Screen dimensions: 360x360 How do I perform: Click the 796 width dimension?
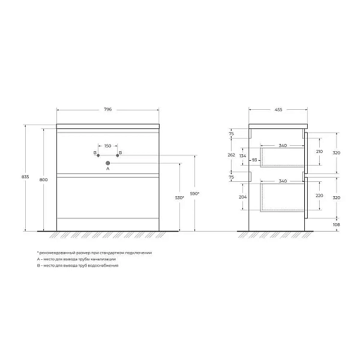coord(107,110)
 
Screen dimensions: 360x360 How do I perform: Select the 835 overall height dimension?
coord(25,177)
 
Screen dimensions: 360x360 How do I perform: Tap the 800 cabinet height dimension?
coord(43,180)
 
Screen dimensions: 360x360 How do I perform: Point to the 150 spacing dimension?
coord(107,146)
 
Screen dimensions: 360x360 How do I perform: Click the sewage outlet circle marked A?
coord(107,163)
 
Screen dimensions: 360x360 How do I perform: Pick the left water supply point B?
coord(98,155)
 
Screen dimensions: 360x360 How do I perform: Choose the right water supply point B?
coord(118,155)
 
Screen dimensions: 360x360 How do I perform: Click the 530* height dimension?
coord(179,197)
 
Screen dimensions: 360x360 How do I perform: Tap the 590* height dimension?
coord(194,194)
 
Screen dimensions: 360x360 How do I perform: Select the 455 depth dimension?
coord(278,110)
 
